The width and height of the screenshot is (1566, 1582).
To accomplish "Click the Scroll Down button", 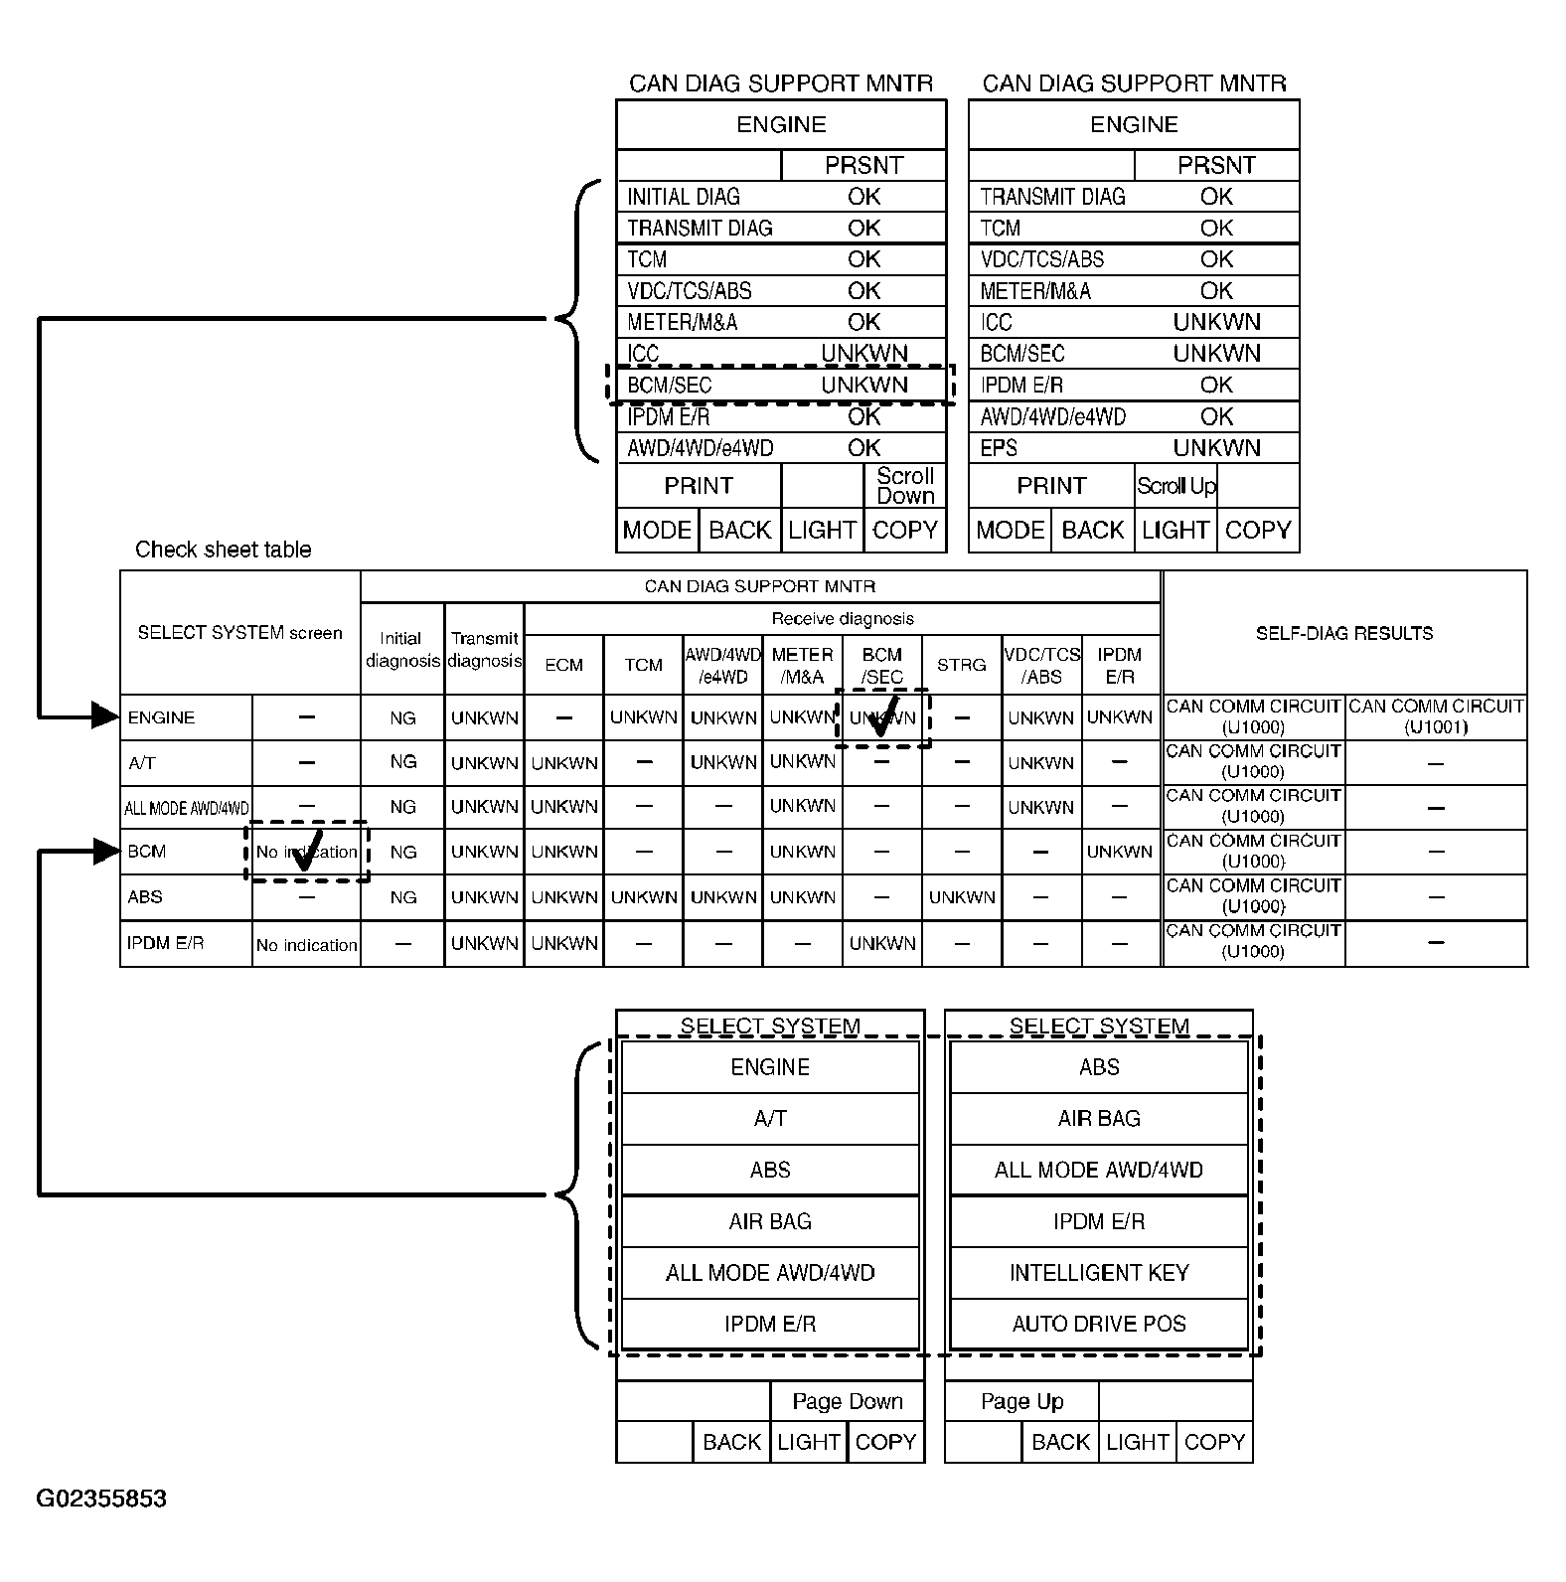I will [x=905, y=486].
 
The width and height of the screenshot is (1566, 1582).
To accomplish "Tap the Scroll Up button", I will [x=1176, y=486].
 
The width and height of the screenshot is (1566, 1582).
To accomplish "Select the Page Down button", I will [x=847, y=1401].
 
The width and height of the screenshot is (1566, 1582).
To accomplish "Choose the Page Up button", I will [x=1021, y=1401].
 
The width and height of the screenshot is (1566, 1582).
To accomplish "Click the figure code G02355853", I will [x=101, y=1499].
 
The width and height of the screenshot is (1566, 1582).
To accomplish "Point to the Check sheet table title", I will [x=223, y=550].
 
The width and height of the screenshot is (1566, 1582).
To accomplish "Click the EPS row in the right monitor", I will [x=1134, y=448].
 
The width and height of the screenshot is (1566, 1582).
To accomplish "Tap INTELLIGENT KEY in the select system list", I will [x=1099, y=1273].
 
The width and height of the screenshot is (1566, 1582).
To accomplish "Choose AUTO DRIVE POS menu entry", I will [x=1099, y=1324].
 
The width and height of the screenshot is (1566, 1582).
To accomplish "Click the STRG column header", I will [x=961, y=665].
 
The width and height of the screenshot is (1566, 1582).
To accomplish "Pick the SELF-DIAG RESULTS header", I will [x=1343, y=633].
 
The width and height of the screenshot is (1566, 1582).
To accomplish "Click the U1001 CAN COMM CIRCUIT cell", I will [x=1436, y=716].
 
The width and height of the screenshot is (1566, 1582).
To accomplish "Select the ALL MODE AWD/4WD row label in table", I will [x=187, y=808].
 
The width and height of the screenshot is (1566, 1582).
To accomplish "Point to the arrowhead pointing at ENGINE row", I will [x=105, y=715].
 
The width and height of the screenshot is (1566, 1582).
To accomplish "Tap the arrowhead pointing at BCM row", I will [x=105, y=851].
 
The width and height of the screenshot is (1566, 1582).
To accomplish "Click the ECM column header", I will [x=563, y=665].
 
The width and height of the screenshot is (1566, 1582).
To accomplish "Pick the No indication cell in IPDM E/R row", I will [x=306, y=945].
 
